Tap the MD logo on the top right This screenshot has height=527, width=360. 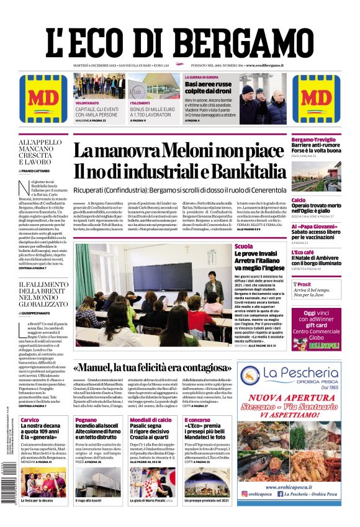point(316,98)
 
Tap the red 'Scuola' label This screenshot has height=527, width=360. point(243,246)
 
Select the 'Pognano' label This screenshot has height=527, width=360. point(86,420)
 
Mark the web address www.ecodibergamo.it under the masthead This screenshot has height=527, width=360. point(264,65)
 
